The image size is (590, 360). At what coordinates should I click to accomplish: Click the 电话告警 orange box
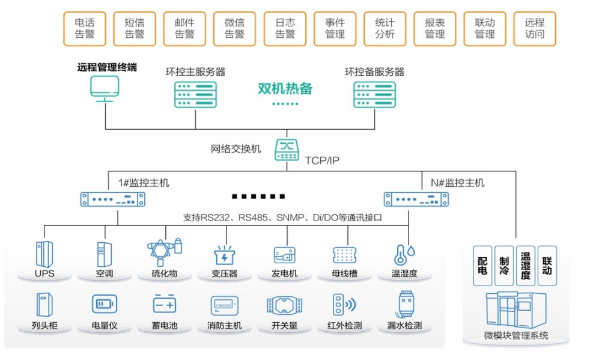[x=85, y=28]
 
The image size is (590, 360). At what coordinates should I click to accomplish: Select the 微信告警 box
[x=234, y=28]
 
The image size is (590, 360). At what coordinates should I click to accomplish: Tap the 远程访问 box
[x=534, y=28]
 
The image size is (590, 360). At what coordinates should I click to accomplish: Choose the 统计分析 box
[x=385, y=28]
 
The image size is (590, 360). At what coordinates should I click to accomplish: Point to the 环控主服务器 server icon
[x=195, y=94]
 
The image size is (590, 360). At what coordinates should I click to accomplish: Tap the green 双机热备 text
[x=285, y=89]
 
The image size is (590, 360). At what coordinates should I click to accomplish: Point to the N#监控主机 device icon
[x=413, y=199]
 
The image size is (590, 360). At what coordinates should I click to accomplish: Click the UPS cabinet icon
[x=44, y=254]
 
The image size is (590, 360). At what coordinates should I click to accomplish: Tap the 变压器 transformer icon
[x=225, y=255]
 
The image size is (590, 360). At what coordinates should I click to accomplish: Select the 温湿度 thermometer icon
[x=402, y=255]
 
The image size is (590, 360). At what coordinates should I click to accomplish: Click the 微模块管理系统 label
[x=515, y=335]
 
